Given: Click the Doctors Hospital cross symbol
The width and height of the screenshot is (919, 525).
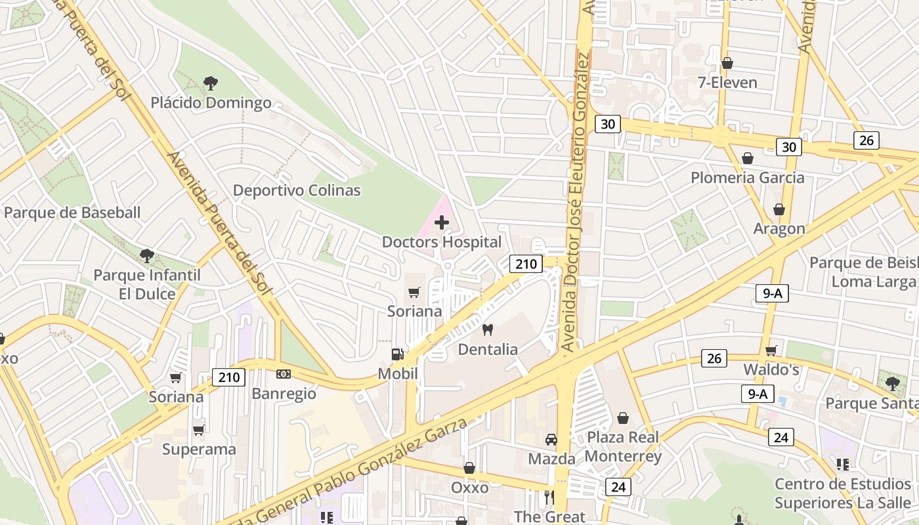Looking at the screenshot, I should (x=442, y=222).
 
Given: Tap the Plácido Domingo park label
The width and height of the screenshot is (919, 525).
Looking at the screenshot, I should (x=211, y=103).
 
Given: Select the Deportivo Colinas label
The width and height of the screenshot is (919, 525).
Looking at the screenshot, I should (x=297, y=190).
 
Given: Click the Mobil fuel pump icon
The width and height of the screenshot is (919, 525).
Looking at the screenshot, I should (x=397, y=354).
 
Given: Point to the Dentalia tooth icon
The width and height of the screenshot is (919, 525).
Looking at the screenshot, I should (x=487, y=329).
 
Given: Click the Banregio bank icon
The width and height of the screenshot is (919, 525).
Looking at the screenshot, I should (x=284, y=374).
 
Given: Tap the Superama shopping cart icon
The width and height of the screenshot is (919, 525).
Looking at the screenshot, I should (x=198, y=430).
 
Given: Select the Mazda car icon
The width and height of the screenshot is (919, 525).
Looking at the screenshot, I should (x=551, y=439).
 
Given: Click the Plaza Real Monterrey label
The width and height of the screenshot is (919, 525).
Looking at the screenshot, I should (x=623, y=446).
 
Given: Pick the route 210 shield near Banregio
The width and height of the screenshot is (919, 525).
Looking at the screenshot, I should (x=229, y=377).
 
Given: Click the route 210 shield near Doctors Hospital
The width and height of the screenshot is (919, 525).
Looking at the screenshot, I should (x=526, y=264).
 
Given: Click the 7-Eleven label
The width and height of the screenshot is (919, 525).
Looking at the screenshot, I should (x=727, y=83).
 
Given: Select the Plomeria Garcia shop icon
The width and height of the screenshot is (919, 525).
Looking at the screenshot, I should (x=747, y=158).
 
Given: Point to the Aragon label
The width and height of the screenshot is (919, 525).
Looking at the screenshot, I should (x=779, y=228).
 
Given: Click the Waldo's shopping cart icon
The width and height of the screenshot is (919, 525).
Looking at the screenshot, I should (x=771, y=350).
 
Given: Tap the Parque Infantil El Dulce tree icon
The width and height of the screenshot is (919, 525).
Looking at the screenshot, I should (x=147, y=255).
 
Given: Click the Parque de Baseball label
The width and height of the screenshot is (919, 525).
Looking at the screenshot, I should (x=72, y=213).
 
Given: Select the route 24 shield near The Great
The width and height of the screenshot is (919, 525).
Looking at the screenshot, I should (x=618, y=486).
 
